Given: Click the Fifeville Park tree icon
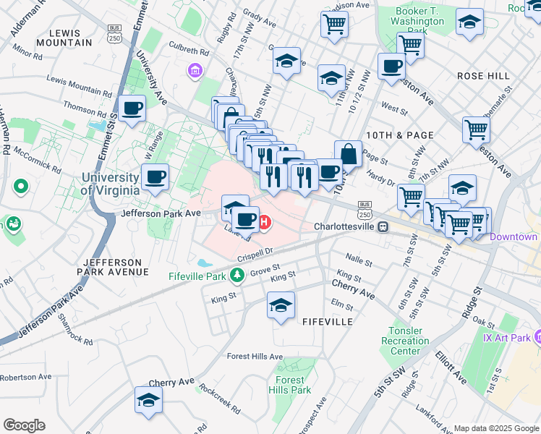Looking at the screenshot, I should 237,276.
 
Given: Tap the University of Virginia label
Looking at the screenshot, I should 110,184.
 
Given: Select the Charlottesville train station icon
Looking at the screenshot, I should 383,226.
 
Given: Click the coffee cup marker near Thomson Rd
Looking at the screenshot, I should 132,109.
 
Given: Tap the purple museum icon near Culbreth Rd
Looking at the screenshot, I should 195,71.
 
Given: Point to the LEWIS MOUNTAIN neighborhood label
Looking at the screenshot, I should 70,38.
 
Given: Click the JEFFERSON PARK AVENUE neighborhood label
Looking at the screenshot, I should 116,266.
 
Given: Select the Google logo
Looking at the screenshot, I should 24,425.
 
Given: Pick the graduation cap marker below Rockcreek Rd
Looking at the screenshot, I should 148,399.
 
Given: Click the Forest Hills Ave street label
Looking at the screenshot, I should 254,356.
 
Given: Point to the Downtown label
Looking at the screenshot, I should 514,237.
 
